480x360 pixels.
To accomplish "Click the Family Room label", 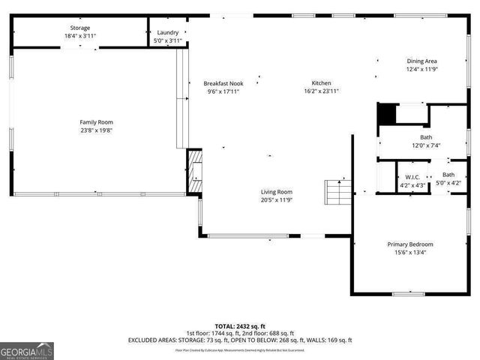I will click(x=96, y=122).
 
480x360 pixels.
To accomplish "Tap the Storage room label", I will click(x=79, y=28).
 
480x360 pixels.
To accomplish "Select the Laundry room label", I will click(x=167, y=32).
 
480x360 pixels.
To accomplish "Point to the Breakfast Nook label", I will click(x=223, y=83).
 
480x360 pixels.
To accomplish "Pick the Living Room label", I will click(x=276, y=192).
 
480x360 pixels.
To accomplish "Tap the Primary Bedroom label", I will click(x=409, y=244).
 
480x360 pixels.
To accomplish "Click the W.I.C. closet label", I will click(x=412, y=177).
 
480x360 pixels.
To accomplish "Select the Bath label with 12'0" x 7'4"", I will click(x=426, y=137).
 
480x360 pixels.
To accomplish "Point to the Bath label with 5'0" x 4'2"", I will click(x=448, y=175).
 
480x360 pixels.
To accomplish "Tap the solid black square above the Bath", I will click(x=385, y=114).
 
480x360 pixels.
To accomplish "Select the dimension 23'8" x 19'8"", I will click(x=96, y=130).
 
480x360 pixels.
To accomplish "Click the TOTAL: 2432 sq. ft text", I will click(x=241, y=327).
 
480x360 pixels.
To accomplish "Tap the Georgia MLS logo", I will click(x=27, y=351).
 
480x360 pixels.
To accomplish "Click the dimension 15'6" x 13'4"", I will click(x=409, y=253).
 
